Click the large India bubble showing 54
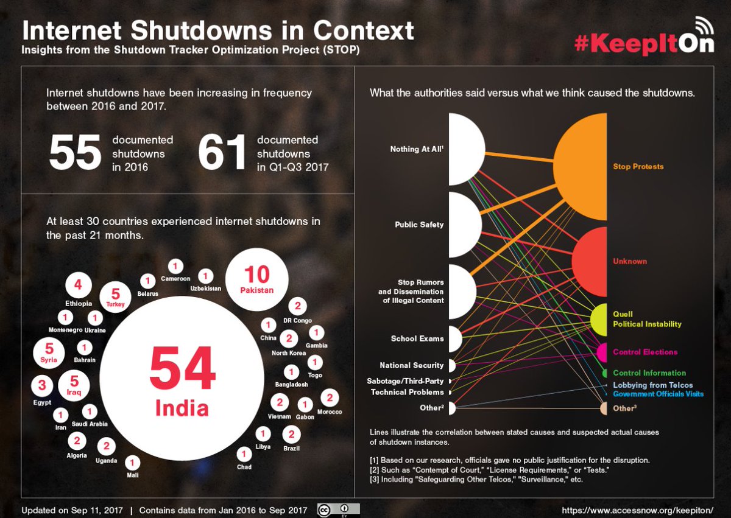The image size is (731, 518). (x=182, y=378)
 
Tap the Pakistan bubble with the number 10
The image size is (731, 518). (x=257, y=279)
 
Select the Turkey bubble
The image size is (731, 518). (x=115, y=297)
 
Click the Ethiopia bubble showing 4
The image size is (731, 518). (x=79, y=285)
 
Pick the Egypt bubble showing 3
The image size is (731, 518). (x=42, y=386)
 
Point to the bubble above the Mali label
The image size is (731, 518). (x=132, y=463)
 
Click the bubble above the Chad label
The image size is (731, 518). (x=244, y=453)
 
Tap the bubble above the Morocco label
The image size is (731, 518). (x=330, y=398)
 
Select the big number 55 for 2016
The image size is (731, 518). (x=75, y=153)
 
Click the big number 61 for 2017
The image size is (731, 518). (x=222, y=153)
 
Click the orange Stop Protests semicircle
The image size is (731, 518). (x=580, y=167)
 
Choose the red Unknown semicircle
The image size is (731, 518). (x=590, y=262)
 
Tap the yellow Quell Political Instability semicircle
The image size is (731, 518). (x=599, y=320)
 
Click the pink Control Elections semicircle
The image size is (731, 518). (x=602, y=352)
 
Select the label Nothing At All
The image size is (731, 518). (x=417, y=149)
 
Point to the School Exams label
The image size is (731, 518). (x=417, y=338)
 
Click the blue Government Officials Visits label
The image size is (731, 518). (x=659, y=394)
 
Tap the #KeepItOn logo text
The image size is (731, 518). (x=644, y=44)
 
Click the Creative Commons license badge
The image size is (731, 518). (x=339, y=510)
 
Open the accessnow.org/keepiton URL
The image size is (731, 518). (x=637, y=510)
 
